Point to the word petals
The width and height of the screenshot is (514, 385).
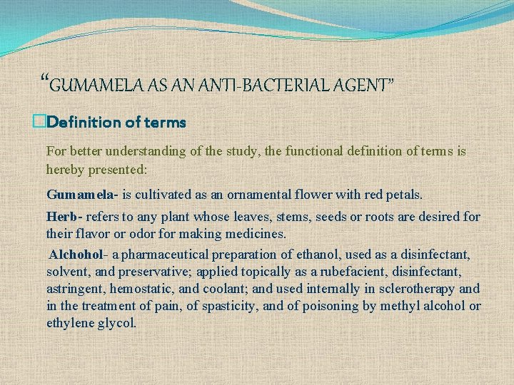point(402,194)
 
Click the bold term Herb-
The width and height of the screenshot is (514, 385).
point(64,216)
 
